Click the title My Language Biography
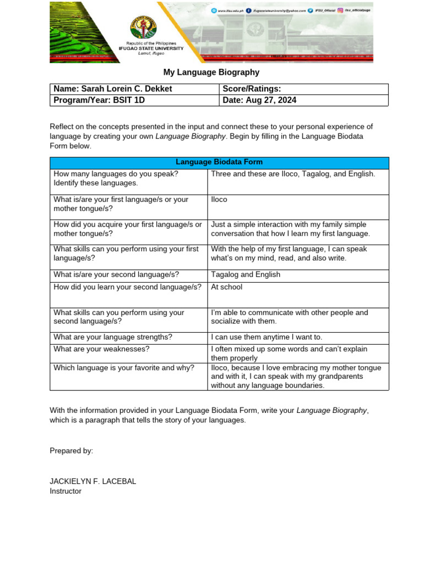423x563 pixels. pos(211,73)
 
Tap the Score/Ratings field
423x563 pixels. pos(252,89)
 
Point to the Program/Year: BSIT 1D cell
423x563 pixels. pos(99,100)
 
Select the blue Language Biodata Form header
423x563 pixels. pos(219,162)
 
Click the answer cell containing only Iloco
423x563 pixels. pos(219,200)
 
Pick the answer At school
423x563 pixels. pos(226,287)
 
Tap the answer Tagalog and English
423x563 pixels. pos(245,274)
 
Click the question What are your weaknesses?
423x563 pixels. pos(101,349)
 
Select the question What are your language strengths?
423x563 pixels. pos(113,337)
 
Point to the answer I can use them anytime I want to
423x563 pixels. pos(267,337)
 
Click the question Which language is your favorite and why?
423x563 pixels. pos(124,368)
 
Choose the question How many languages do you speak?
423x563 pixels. pos(116,174)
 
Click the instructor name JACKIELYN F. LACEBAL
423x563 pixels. pos(93,481)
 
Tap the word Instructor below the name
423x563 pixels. pos(66,491)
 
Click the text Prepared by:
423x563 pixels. pos(71,451)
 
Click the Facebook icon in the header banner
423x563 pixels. pos(249,10)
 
